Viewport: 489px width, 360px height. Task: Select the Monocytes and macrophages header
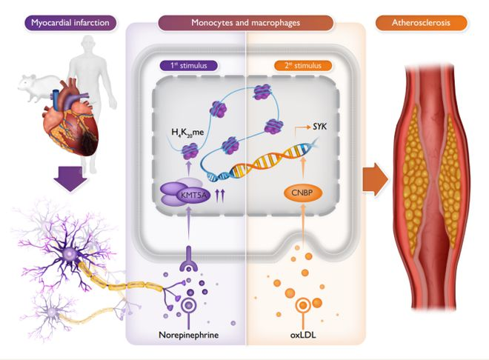(245, 23)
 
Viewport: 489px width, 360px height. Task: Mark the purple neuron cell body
(71, 255)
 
